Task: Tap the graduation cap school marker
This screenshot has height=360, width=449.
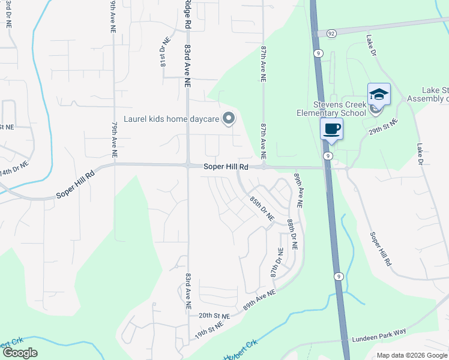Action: click(x=379, y=94)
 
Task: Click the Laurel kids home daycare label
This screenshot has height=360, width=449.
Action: click(x=170, y=118)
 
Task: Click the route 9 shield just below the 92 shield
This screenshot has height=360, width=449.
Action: click(x=318, y=53)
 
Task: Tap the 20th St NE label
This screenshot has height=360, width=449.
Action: click(x=214, y=315)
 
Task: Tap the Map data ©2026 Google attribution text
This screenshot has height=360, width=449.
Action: click(x=411, y=355)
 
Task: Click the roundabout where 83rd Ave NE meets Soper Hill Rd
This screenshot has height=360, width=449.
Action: click(x=188, y=166)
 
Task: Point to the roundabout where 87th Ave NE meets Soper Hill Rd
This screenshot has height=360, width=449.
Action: click(x=263, y=167)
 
